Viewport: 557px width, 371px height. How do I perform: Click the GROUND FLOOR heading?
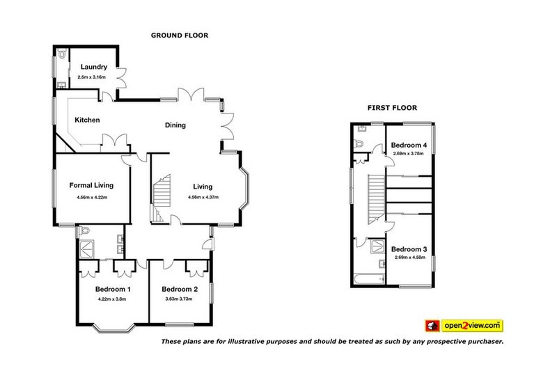tap(180, 35)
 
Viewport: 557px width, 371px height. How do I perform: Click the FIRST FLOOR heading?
tap(392, 108)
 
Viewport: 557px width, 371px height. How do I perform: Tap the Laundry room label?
tap(94, 67)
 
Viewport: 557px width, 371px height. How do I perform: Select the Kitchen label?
tap(87, 120)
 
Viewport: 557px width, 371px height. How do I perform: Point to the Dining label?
tap(175, 125)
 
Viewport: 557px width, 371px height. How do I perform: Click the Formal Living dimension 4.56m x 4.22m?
tap(92, 198)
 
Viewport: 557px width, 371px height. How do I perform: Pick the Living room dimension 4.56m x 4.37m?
tap(203, 197)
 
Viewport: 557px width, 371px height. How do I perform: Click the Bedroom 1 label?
tap(113, 290)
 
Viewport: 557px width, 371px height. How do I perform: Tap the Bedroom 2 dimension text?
tap(179, 299)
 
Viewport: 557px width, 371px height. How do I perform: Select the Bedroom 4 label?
tap(409, 145)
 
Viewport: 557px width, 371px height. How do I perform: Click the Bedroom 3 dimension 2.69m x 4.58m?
tap(410, 258)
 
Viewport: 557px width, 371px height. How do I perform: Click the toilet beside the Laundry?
tap(63, 54)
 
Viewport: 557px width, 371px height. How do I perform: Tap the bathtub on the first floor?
tap(370, 279)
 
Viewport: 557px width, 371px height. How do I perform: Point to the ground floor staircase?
tap(162, 198)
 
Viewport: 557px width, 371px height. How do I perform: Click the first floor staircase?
tap(376, 199)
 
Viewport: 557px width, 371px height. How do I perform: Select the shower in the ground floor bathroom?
tap(86, 249)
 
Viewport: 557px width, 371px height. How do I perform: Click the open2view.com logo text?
tap(472, 326)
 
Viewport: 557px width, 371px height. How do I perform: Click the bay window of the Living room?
tap(244, 187)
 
